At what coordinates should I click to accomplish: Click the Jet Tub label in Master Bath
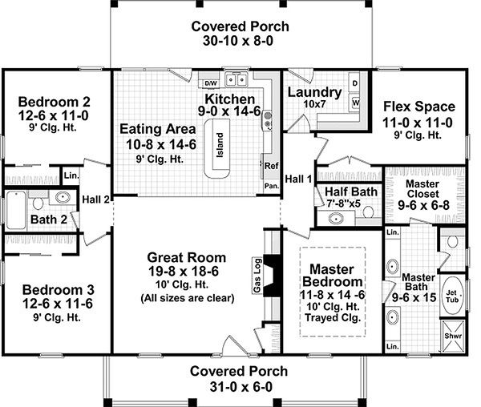pos(451,299)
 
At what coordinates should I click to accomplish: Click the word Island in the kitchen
pos(220,147)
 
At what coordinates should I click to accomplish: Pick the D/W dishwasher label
pos(210,83)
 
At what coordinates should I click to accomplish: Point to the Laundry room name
pos(313,92)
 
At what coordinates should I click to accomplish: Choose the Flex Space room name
pos(418,107)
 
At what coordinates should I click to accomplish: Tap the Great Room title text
pos(186,257)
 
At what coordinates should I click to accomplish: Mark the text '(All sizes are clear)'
pos(186,299)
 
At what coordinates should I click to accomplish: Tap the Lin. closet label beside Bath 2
pos(71,175)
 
